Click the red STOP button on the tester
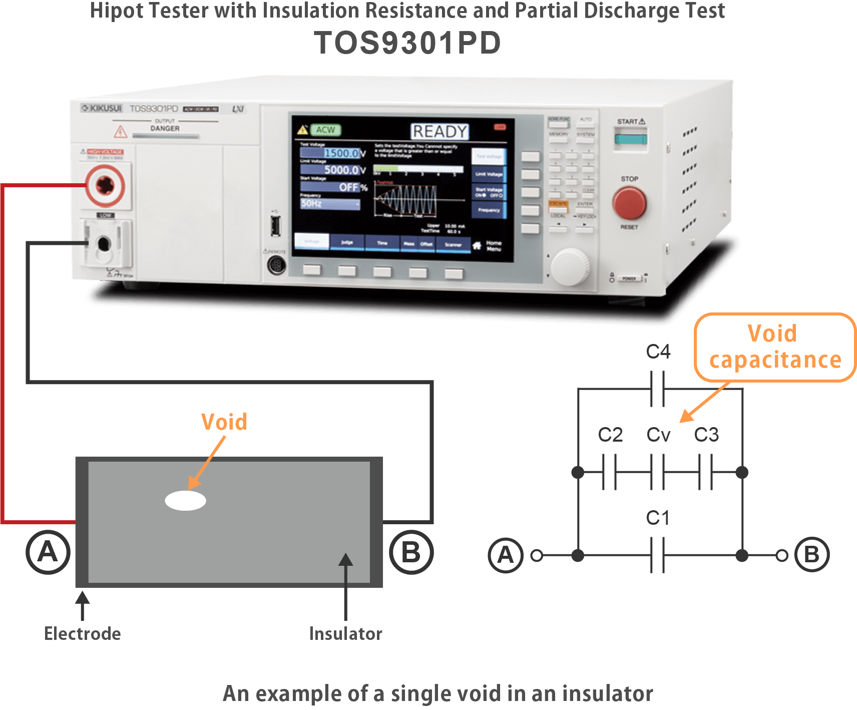[629, 203]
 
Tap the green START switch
[631, 137]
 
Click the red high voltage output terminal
[105, 185]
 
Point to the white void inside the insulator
[186, 500]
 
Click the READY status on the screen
[440, 132]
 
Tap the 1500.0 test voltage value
[341, 153]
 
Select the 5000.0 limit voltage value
[341, 170]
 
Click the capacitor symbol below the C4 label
[657, 389]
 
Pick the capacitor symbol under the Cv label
[657, 472]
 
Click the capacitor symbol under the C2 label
[609, 473]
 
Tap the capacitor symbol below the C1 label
[657, 555]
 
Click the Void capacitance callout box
[774, 347]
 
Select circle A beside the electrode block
[48, 552]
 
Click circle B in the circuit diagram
[811, 555]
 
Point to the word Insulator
[345, 634]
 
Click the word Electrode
[83, 634]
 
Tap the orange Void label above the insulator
[224, 422]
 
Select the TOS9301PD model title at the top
[407, 43]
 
